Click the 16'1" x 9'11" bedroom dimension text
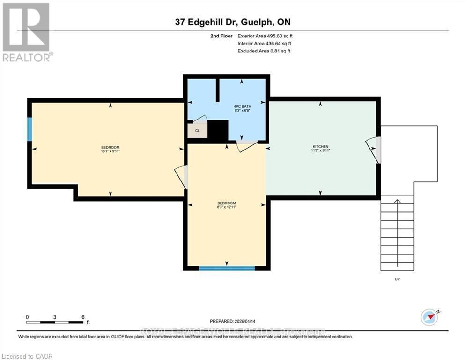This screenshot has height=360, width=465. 108,151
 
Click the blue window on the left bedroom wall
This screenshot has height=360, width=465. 30,129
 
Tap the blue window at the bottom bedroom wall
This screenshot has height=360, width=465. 227,269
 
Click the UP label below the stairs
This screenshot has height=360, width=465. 397,279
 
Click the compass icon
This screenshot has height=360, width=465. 429,317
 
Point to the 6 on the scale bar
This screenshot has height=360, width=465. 83,317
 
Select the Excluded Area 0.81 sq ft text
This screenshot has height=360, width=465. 264,51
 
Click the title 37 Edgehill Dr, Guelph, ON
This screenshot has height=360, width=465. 232,22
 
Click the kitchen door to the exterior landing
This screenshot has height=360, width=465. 374,150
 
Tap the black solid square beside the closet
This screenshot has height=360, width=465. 218,130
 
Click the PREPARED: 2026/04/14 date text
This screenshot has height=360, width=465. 233,321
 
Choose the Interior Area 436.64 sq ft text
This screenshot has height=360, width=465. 264,43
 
